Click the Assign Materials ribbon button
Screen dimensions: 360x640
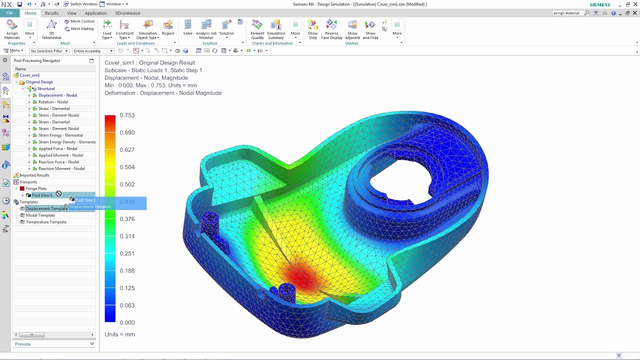tap(12, 29)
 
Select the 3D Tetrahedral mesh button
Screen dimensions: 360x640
tap(51, 29)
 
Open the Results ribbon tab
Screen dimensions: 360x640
tap(51, 13)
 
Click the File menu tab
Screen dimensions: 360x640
tap(9, 13)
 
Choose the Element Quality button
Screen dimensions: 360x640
tap(257, 29)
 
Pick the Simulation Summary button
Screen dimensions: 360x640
tap(276, 29)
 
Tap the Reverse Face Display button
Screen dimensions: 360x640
tap(331, 29)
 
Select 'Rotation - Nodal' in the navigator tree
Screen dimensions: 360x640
tap(53, 102)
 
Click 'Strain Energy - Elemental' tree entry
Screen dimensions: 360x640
tap(60, 135)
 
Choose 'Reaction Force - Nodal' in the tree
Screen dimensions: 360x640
tap(58, 162)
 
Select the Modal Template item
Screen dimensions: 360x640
tap(40, 215)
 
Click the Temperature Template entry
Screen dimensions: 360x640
tap(46, 222)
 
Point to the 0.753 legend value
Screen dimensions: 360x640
tap(127, 115)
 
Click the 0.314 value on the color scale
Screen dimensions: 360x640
tap(127, 236)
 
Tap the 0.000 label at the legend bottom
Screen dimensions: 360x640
tap(127, 322)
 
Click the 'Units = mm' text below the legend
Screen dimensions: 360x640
tap(119, 334)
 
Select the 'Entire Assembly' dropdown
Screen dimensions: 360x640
tap(93, 51)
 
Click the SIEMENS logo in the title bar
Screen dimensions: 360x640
tap(600, 4)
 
